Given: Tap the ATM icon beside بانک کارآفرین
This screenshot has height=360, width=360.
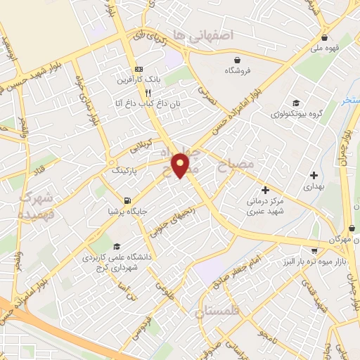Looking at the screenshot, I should (139, 70).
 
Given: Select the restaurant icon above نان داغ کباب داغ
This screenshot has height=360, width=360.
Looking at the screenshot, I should (148, 92).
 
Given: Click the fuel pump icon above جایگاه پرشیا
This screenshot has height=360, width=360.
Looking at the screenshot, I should (127, 199).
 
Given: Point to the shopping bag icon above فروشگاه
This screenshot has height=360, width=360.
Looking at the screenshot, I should (239, 60).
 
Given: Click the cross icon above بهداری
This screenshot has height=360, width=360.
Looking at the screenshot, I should (314, 175).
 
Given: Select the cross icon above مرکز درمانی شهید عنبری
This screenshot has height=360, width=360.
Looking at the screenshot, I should (266, 189).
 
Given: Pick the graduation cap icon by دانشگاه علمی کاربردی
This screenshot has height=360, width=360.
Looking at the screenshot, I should (116, 247).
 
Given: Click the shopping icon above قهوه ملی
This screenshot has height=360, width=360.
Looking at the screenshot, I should (324, 38).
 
